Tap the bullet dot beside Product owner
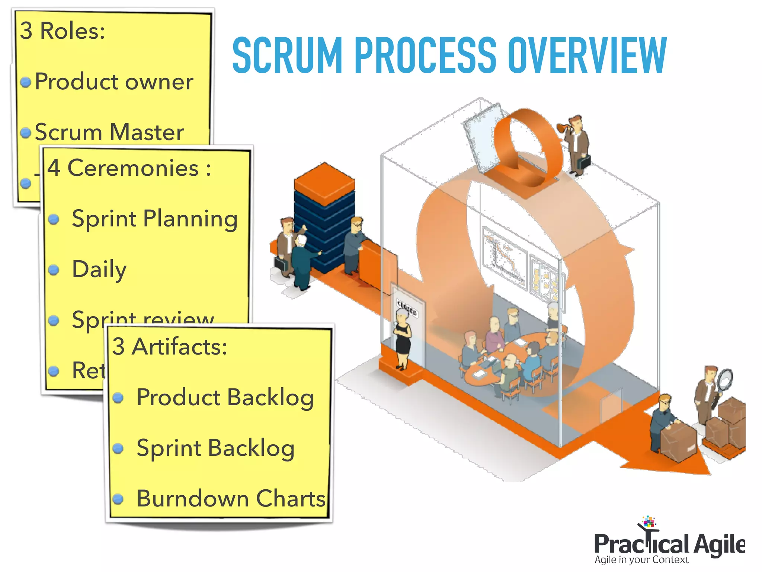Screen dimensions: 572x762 click(26, 82)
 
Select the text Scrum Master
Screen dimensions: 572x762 click(109, 132)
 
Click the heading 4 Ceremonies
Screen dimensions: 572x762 click(129, 168)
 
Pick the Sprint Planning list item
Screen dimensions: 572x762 click(154, 219)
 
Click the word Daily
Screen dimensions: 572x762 click(99, 270)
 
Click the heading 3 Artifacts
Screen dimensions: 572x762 click(169, 347)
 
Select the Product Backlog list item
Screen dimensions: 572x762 click(225, 398)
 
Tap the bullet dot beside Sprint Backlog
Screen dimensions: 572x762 click(118, 448)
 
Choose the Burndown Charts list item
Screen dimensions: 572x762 click(231, 499)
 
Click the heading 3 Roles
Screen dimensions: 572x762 click(63, 31)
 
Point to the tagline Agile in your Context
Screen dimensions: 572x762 click(641, 560)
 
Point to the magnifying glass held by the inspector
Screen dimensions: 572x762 click(724, 380)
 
